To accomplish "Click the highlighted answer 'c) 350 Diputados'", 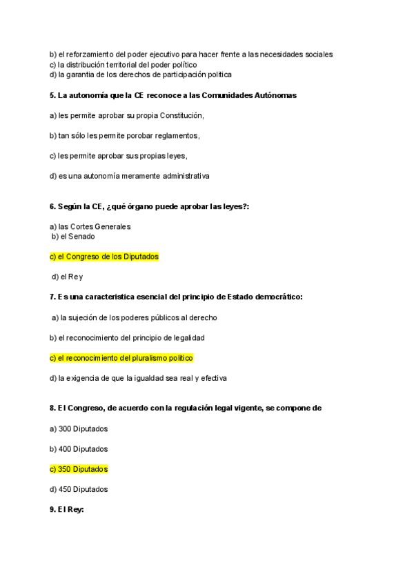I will (x=79, y=469).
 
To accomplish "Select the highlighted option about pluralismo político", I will (x=121, y=358).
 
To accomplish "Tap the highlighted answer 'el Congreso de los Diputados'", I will (x=104, y=257).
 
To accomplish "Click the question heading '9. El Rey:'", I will (x=66, y=510).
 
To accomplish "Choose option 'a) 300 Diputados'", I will (x=79, y=428).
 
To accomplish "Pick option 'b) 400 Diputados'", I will (x=79, y=449).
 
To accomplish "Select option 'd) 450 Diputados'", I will (x=79, y=489).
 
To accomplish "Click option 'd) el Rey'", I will (x=68, y=277).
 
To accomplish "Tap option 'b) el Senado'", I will (x=73, y=236).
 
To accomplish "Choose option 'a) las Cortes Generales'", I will (x=90, y=226).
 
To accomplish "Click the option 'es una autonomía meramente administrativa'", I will (x=130, y=176).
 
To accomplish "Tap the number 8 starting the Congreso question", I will (x=52, y=408).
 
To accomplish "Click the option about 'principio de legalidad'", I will (x=127, y=338).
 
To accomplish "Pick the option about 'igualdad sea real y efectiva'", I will (x=138, y=378).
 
